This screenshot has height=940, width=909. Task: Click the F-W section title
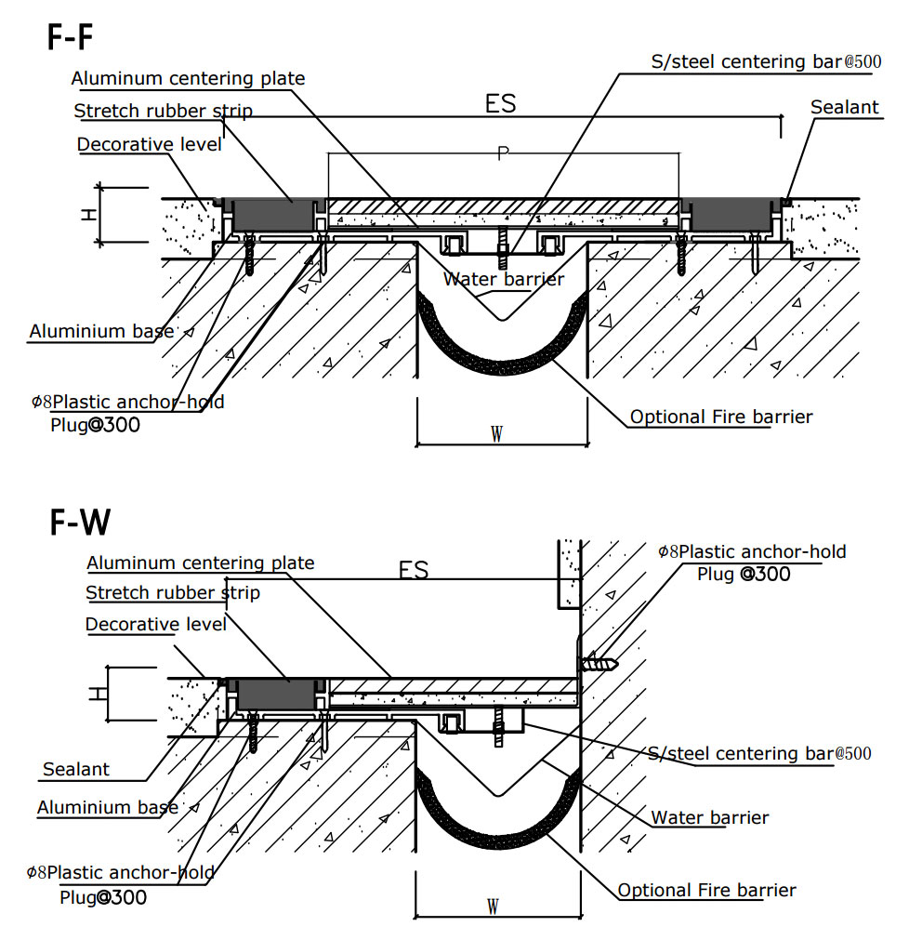(x=80, y=523)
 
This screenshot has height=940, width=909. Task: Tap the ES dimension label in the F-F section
(x=500, y=103)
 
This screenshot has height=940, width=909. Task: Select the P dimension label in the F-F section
(x=503, y=154)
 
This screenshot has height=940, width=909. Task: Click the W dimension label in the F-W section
(x=494, y=906)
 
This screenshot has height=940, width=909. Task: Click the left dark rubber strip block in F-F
(x=272, y=217)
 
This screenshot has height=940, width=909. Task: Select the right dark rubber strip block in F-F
(x=732, y=216)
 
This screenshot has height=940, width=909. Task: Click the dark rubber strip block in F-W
(x=277, y=694)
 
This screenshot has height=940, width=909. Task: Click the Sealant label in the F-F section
(x=844, y=108)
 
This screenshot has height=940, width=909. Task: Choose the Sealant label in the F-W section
(x=76, y=769)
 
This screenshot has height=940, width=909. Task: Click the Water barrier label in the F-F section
(x=503, y=279)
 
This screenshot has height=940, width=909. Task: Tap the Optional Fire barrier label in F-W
(x=706, y=890)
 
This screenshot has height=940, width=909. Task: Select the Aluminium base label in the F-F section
(x=102, y=332)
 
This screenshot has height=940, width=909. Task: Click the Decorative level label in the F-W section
(x=155, y=624)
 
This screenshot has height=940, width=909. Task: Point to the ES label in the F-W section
(x=414, y=570)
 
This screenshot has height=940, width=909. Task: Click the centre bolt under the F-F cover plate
(x=502, y=244)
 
